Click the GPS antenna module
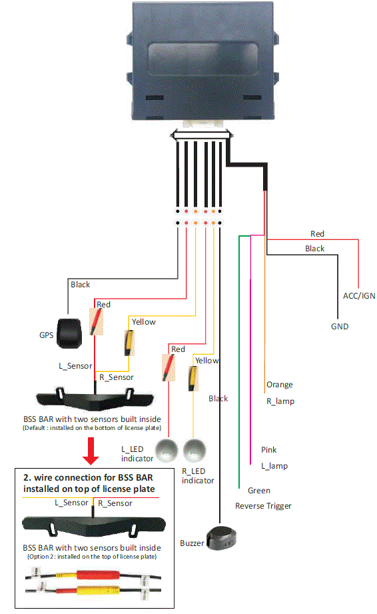[68, 333]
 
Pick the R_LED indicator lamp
[194, 451]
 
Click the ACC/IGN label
[350, 295]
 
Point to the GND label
[340, 327]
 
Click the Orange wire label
[279, 385]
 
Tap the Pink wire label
[269, 450]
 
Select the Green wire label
[258, 491]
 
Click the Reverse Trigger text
[263, 506]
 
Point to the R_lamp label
[280, 401]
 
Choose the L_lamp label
[274, 466]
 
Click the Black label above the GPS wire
[80, 285]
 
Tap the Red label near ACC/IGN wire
[317, 234]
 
